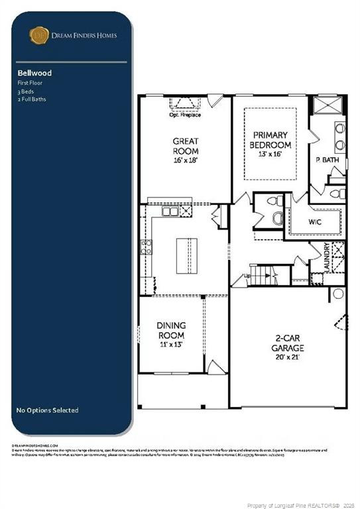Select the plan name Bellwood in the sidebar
[34, 73]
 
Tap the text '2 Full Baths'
[32, 99]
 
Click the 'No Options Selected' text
[47, 410]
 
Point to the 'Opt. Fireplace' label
[186, 115]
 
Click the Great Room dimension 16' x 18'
[186, 160]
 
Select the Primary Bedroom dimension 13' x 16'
[270, 154]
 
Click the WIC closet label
[315, 221]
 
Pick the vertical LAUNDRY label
[327, 257]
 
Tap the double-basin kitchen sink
[170, 211]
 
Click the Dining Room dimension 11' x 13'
[170, 345]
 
